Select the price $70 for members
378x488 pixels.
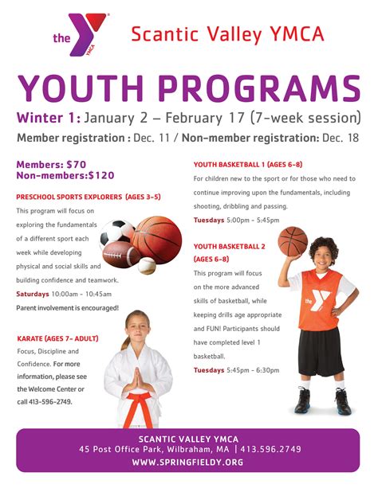[x=76, y=164]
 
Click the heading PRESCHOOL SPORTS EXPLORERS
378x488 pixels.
[x=89, y=196]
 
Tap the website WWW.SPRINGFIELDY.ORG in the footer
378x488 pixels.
[x=189, y=463]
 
